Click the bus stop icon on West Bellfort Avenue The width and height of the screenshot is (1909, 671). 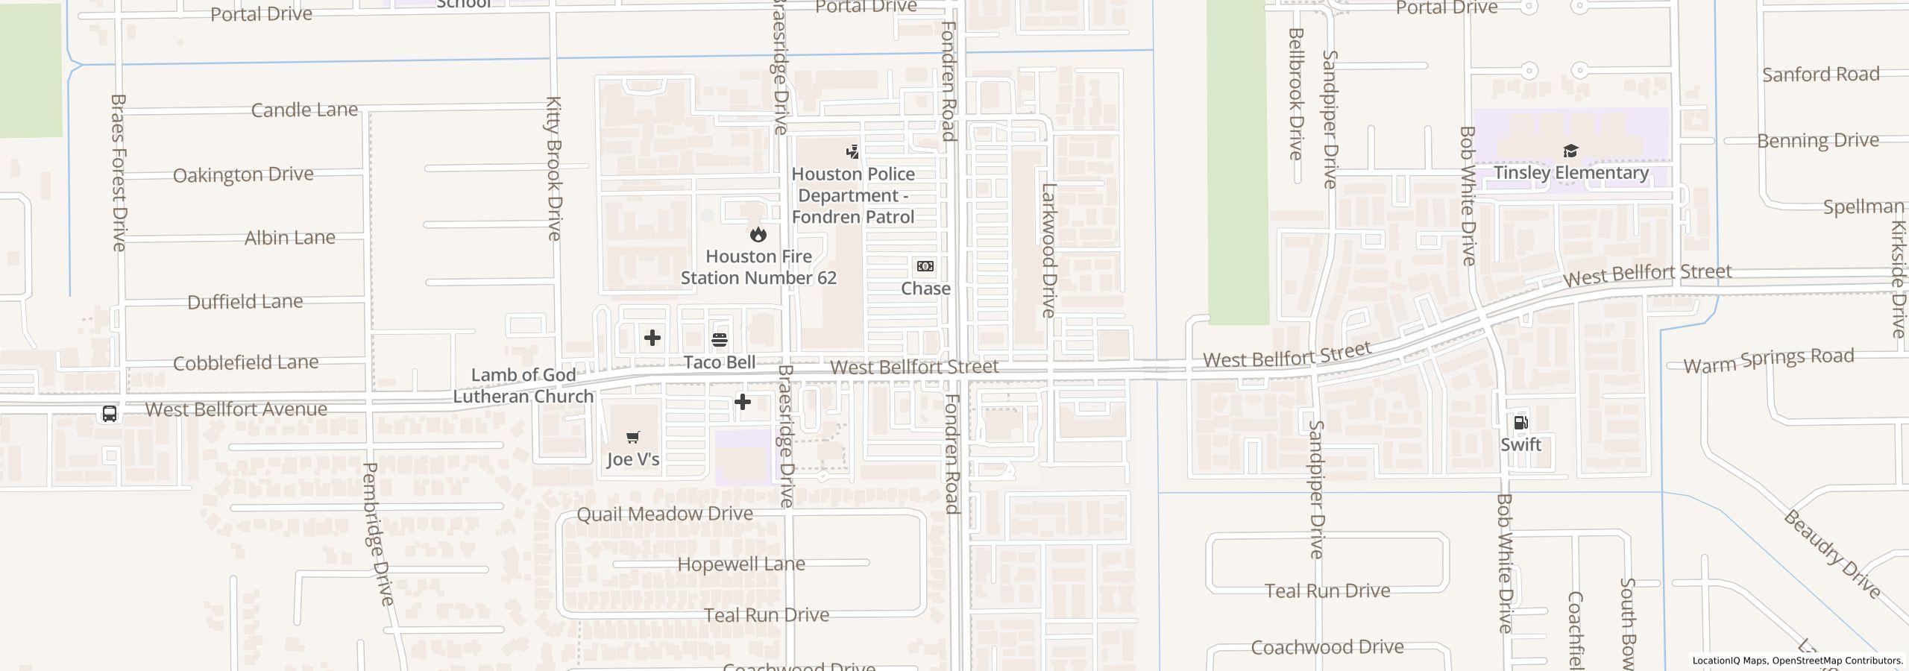pyautogui.click(x=109, y=413)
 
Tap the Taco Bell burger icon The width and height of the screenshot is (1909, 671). pyautogui.click(x=720, y=340)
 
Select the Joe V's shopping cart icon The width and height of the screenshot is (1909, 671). pyautogui.click(x=632, y=438)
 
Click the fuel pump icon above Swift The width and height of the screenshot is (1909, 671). pyautogui.click(x=1520, y=423)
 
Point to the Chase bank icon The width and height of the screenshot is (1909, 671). pyautogui.click(x=925, y=266)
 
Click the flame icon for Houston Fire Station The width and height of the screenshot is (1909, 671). pyautogui.click(x=758, y=234)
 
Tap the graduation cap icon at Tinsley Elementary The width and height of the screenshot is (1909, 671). pyautogui.click(x=1570, y=151)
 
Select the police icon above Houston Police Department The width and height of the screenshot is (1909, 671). pyautogui.click(x=852, y=152)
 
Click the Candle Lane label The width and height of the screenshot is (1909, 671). pyautogui.click(x=304, y=110)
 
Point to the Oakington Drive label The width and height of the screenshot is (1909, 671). pyautogui.click(x=243, y=174)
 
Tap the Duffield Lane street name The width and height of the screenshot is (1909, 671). pyautogui.click(x=245, y=302)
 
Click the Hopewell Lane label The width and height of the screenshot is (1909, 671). pyautogui.click(x=740, y=564)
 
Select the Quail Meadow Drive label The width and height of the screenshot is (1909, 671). pyautogui.click(x=664, y=514)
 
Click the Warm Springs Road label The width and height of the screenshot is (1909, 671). pyautogui.click(x=1768, y=361)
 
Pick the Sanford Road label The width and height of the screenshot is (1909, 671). pyautogui.click(x=1820, y=75)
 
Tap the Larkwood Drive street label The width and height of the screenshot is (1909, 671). pyautogui.click(x=1048, y=251)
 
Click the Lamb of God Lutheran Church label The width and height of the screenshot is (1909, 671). pyautogui.click(x=523, y=385)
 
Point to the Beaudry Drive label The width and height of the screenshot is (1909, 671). pyautogui.click(x=1831, y=553)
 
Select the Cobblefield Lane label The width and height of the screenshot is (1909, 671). pyautogui.click(x=245, y=363)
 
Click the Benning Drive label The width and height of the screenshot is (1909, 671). pyautogui.click(x=1817, y=140)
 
